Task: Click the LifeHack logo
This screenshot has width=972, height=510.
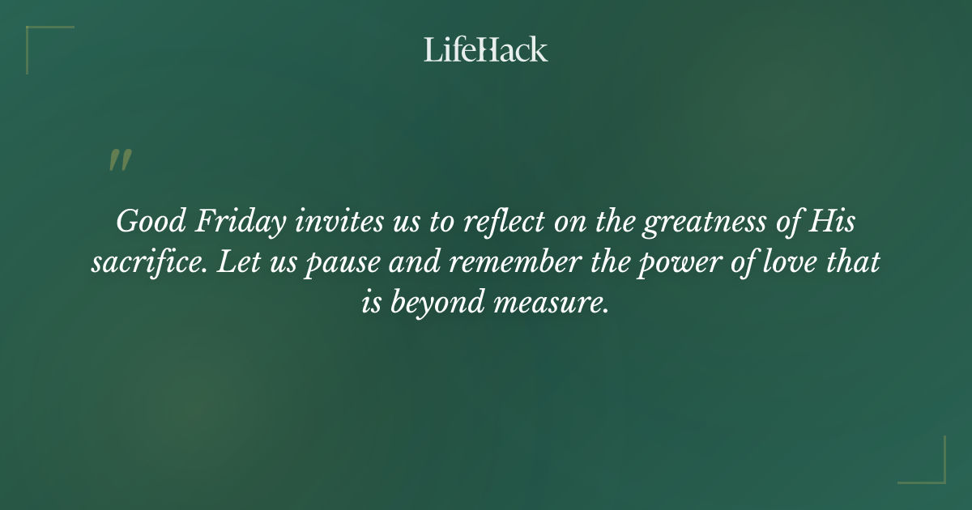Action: [486, 49]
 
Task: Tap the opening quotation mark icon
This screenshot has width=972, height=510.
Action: [120, 160]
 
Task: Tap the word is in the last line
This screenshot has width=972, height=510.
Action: [372, 304]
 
